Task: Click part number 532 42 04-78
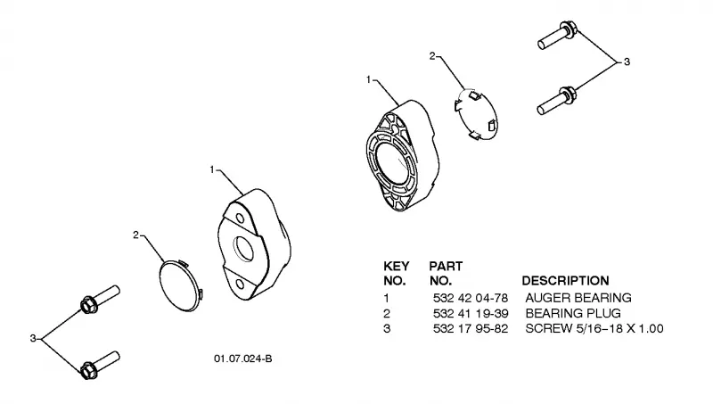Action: [471, 298]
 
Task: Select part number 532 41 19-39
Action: [471, 313]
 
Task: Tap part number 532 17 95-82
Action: [471, 328]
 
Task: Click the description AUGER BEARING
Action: [578, 298]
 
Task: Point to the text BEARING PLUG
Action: [573, 313]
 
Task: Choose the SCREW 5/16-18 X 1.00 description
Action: [594, 328]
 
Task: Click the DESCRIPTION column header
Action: [565, 281]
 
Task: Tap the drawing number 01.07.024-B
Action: [242, 359]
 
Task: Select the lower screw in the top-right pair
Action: [557, 101]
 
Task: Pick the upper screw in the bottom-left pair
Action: [100, 299]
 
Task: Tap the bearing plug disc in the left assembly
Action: [181, 285]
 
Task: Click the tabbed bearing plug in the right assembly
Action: [476, 114]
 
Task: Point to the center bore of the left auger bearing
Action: [244, 249]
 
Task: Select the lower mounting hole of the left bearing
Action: [240, 284]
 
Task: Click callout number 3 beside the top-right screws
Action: [627, 62]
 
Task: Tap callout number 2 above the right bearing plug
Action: [432, 56]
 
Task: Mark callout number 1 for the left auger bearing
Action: [212, 169]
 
